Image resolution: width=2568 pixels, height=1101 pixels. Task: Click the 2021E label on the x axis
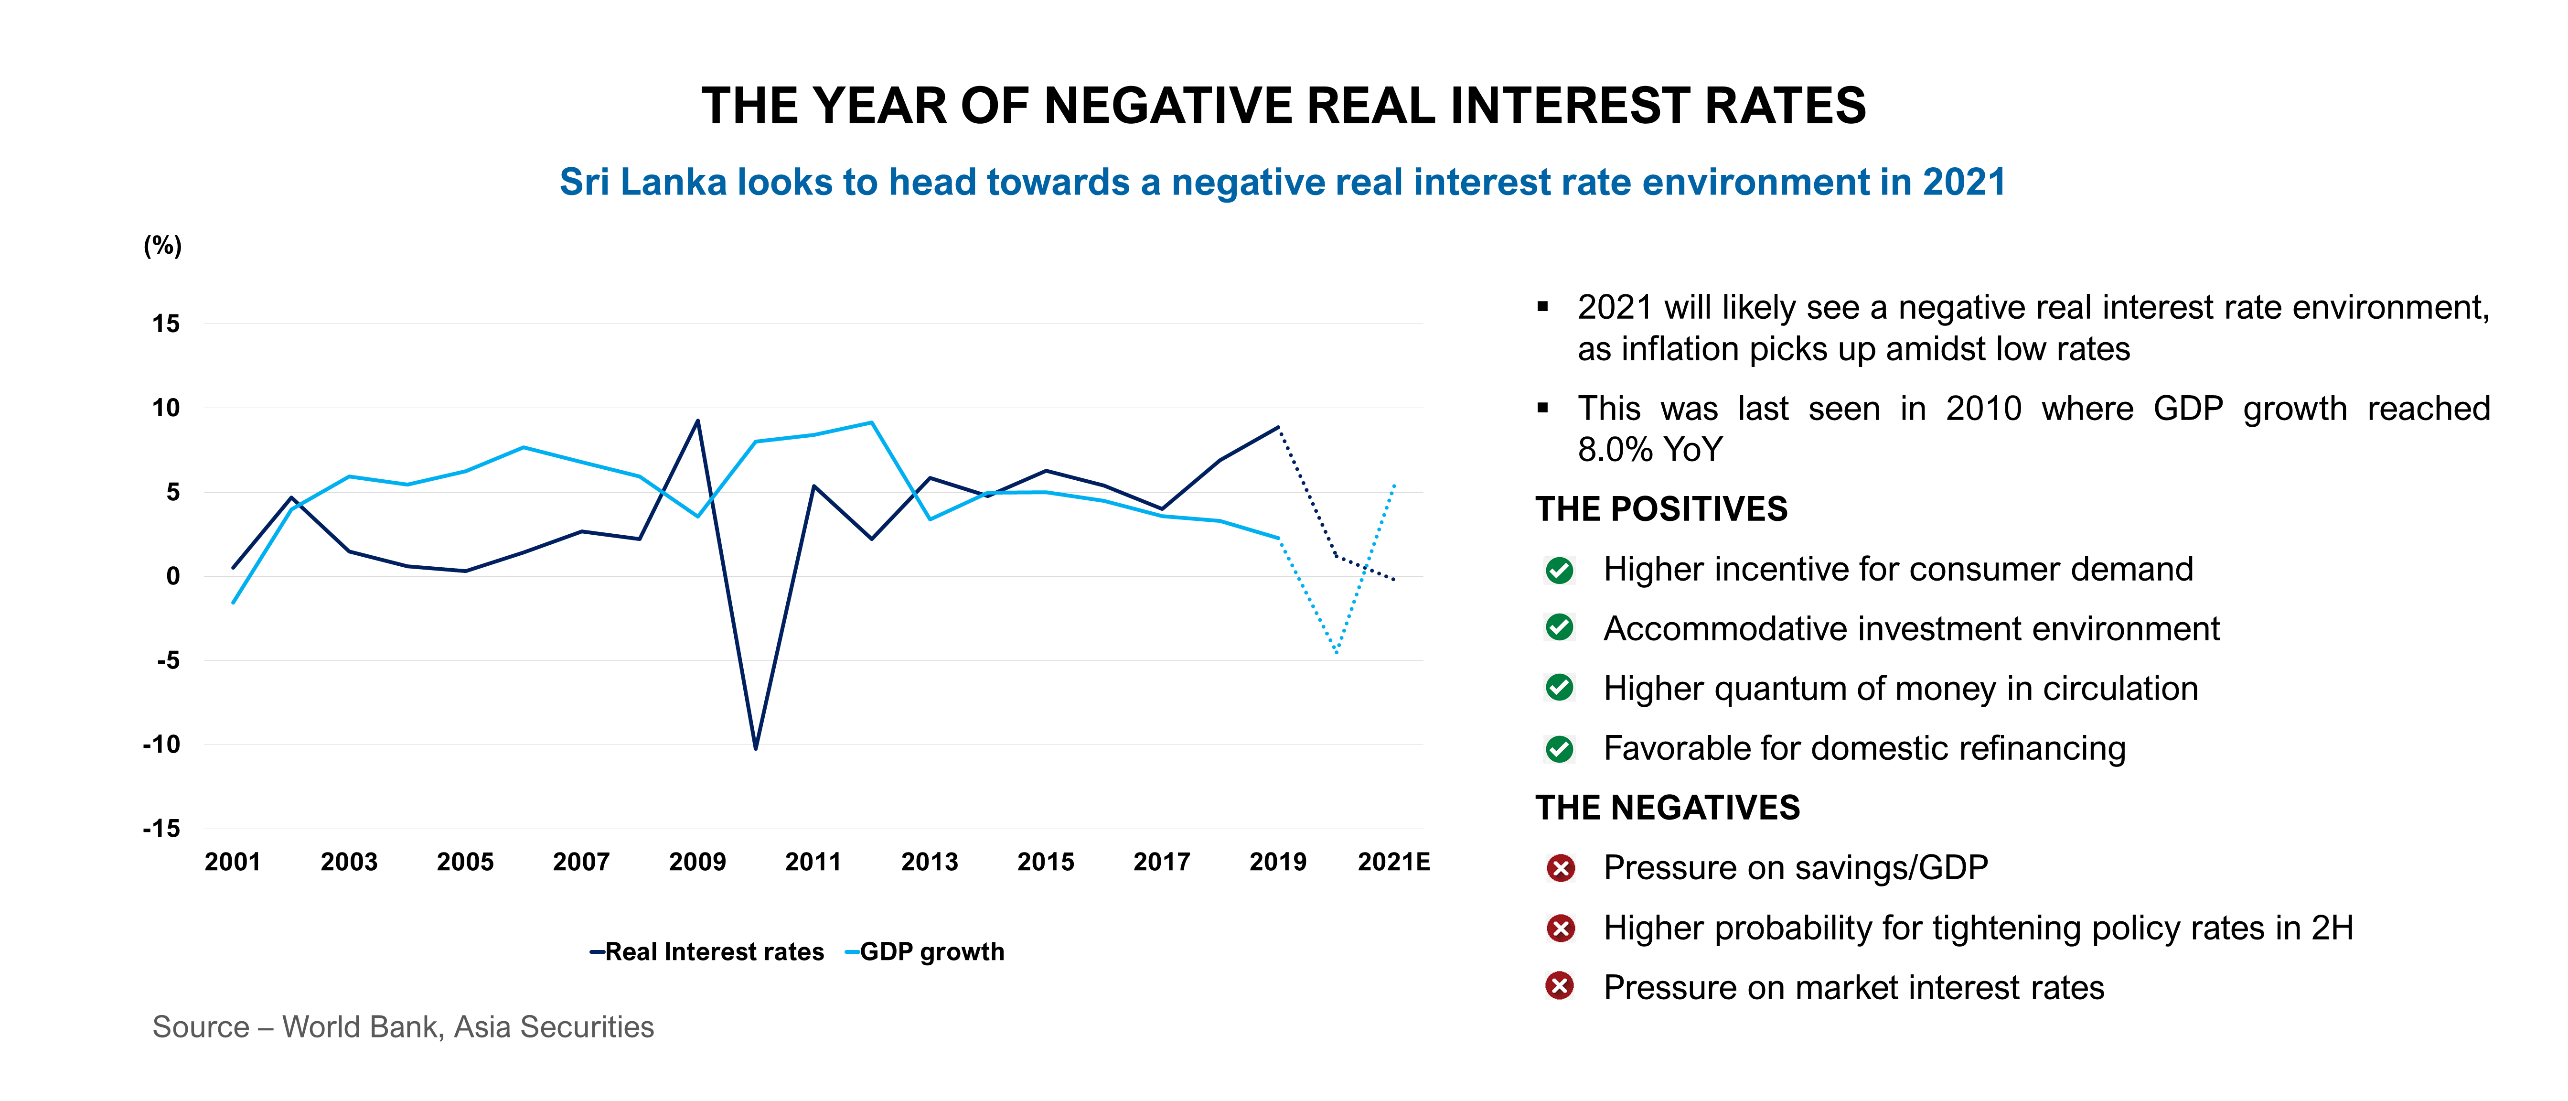pos(1392,862)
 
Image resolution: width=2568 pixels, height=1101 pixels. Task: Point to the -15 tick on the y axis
pos(161,829)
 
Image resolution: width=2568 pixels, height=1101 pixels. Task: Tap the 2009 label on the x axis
pos(697,862)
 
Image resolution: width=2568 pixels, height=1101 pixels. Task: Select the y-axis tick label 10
pos(165,408)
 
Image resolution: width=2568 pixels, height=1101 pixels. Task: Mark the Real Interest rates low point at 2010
pos(756,748)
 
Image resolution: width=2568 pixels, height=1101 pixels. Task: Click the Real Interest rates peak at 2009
pos(698,421)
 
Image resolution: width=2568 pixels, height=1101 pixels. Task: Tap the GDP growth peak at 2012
pos(872,423)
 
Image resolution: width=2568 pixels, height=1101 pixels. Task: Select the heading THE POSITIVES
pos(1661,508)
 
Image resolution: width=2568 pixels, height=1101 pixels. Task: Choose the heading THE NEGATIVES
pos(1667,807)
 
